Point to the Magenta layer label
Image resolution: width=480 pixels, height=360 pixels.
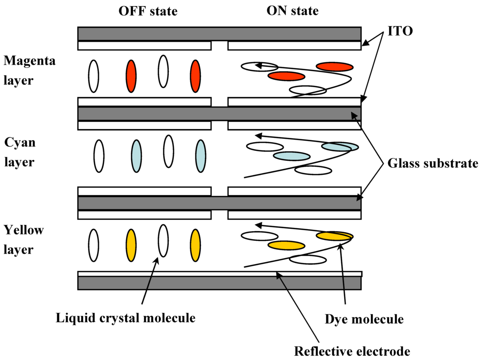(x=29, y=70)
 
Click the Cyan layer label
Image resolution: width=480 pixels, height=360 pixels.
(x=20, y=152)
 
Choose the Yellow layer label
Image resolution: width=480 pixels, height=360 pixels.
(x=23, y=239)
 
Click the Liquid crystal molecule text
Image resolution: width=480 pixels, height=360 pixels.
(x=125, y=318)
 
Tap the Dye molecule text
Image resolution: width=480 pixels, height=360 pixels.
(x=364, y=319)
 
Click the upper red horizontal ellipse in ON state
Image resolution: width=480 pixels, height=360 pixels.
(x=334, y=67)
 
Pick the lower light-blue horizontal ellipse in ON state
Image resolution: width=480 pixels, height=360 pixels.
(x=292, y=156)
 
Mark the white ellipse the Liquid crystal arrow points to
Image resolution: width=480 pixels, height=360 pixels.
(x=163, y=240)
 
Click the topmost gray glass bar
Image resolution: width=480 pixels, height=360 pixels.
(x=219, y=34)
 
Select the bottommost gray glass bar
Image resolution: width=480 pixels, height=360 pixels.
(x=219, y=283)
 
